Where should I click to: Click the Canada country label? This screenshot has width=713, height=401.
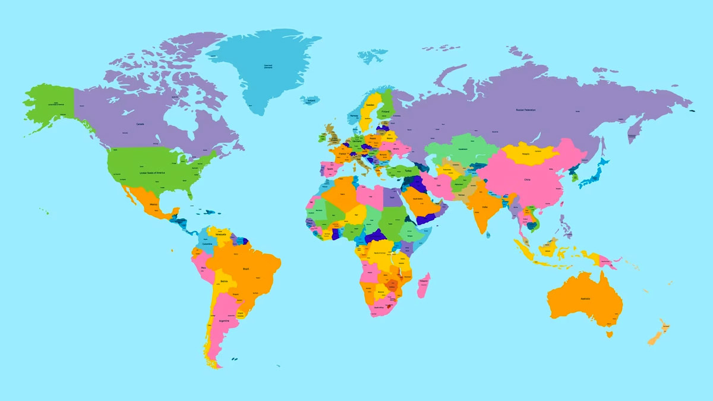[141, 124]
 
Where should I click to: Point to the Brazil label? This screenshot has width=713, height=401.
[246, 269]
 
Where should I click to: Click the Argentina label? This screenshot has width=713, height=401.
[224, 321]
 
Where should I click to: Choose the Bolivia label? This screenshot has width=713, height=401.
[224, 280]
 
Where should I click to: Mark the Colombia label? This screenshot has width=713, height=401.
[207, 244]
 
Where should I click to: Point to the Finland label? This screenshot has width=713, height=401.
[385, 110]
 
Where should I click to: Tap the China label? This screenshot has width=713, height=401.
[527, 179]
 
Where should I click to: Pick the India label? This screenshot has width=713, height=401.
[485, 207]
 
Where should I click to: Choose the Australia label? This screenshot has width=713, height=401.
[585, 298]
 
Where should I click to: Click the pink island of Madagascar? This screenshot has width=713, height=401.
[424, 285]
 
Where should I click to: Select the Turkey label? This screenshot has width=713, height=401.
[408, 170]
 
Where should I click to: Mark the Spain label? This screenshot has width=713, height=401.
[330, 169]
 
